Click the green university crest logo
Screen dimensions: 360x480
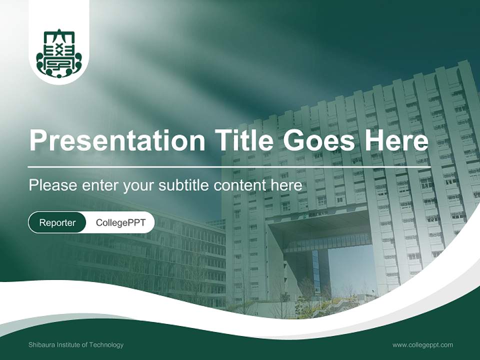(59, 53)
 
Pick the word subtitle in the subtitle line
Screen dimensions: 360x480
(184, 185)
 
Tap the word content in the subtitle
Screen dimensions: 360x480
(241, 185)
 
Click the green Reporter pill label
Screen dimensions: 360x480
(57, 222)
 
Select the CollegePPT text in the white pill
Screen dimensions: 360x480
(120, 222)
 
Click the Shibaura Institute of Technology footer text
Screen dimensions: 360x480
(76, 344)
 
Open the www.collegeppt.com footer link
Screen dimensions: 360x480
(422, 344)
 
